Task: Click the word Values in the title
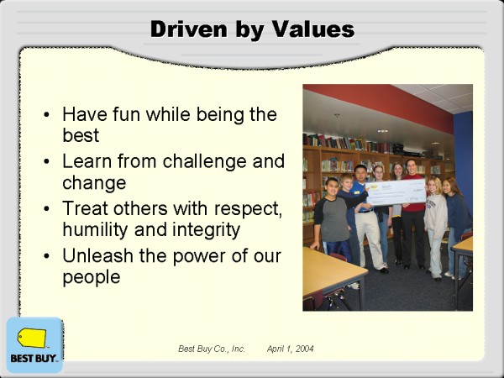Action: coord(313,29)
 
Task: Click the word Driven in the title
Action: coord(191,29)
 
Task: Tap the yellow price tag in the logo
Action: coord(32,338)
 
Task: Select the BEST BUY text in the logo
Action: coord(34,358)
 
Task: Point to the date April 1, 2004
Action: coord(291,349)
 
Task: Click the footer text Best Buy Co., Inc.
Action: coord(212,349)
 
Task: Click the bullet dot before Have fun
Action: coord(46,114)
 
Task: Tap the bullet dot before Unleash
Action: coord(46,256)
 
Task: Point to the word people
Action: coord(92,277)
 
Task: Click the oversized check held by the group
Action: coord(396,192)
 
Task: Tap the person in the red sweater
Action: coord(412,213)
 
